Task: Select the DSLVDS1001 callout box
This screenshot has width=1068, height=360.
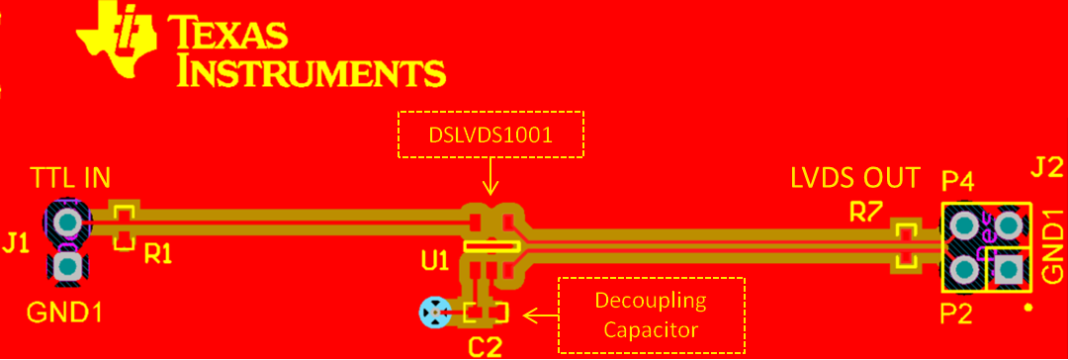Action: [491, 134]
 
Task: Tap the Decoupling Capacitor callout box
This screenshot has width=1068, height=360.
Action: [652, 314]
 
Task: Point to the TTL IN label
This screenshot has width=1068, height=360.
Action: [70, 179]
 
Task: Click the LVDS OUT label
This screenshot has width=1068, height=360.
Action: [854, 179]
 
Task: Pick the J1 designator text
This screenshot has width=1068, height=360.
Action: [15, 242]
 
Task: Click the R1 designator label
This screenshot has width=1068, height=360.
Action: [158, 254]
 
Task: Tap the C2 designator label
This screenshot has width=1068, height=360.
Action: [486, 345]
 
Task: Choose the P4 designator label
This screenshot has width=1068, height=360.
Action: [957, 181]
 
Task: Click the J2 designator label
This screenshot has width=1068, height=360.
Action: [1047, 167]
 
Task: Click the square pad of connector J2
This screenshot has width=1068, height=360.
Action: [1009, 268]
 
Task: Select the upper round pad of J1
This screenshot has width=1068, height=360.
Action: [67, 220]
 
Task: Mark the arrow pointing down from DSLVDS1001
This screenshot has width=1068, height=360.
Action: [491, 178]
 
